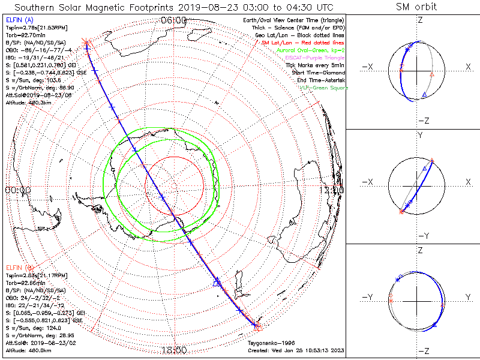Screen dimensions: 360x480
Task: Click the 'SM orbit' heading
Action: (416, 7)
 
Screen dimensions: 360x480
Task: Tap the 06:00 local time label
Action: (174, 20)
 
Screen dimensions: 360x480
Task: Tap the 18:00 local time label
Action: (174, 349)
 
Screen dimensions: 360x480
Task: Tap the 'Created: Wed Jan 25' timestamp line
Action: (296, 350)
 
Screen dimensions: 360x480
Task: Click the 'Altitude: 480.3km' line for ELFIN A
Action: (27, 103)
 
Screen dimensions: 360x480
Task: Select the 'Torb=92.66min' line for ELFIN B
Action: (25, 282)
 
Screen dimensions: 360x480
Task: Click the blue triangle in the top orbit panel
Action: (424, 95)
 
